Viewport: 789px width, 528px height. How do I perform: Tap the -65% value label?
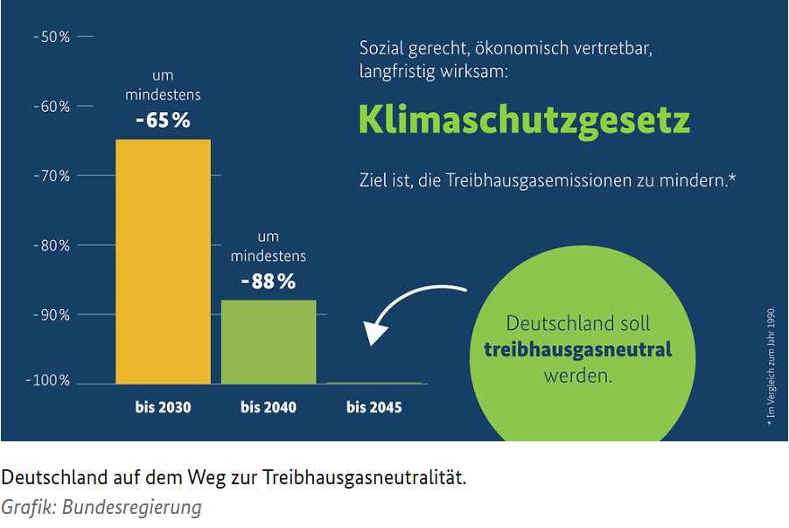tap(163, 120)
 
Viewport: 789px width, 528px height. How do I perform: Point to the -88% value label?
tap(269, 282)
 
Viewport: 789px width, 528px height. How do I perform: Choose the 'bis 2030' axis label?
tap(163, 407)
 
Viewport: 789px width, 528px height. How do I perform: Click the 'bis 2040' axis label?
tap(269, 407)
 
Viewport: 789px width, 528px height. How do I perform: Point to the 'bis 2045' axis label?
tap(374, 407)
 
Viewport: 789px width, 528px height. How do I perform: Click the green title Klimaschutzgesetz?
tap(524, 120)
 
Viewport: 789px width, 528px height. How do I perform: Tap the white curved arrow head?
tap(376, 333)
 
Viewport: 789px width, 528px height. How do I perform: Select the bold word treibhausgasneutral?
tap(577, 350)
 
